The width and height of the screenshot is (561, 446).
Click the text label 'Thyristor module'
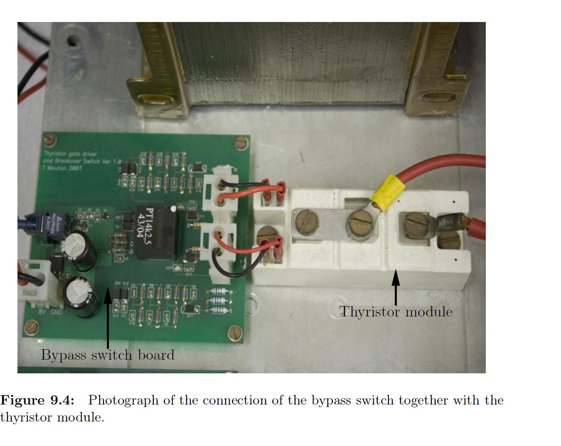point(396,311)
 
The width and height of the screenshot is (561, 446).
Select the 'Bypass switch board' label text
point(108,355)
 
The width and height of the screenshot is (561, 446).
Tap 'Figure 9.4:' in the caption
point(37,400)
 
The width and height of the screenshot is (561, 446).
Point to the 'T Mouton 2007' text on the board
point(63,168)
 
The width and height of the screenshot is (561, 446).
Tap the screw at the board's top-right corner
point(241,143)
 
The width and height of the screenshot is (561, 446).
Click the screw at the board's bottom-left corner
point(31,327)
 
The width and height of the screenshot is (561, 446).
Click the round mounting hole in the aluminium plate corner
point(73,41)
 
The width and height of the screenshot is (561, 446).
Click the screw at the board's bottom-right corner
point(235,332)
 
